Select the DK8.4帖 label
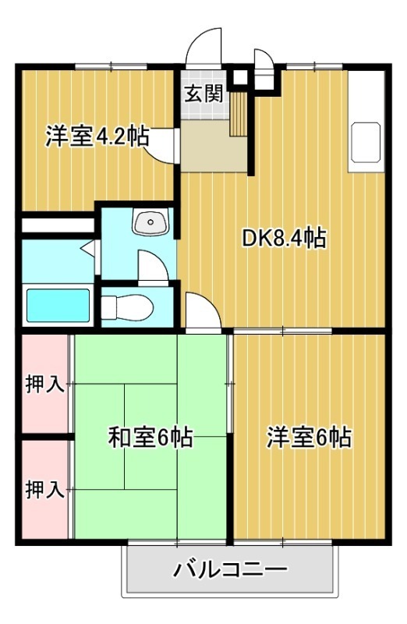[283, 238]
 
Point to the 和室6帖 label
[150, 438]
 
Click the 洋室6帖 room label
[310, 438]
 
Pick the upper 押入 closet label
[44, 385]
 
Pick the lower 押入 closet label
[44, 490]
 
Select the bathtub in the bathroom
[58, 305]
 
